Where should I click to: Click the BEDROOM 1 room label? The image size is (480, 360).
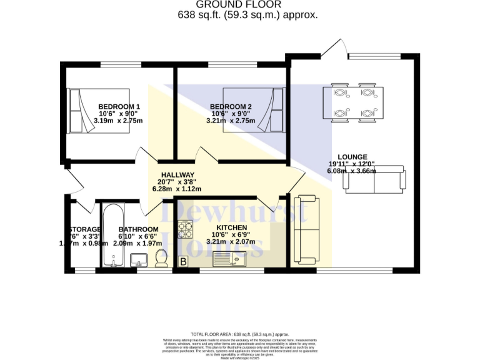coord(119,107)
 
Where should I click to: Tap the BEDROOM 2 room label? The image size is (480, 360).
coord(231,107)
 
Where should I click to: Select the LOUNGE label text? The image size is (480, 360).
coord(352,157)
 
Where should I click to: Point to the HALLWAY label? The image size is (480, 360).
coord(177,175)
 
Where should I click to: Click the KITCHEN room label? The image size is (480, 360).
coord(231,227)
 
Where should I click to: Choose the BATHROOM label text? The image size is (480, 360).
coord(138,229)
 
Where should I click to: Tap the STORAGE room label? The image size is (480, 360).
coord(85,229)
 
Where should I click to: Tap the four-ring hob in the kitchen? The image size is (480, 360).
coord(186,230)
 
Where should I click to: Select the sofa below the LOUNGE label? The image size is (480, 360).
coord(374,181)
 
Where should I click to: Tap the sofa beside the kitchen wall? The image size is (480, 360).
coord(306,229)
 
